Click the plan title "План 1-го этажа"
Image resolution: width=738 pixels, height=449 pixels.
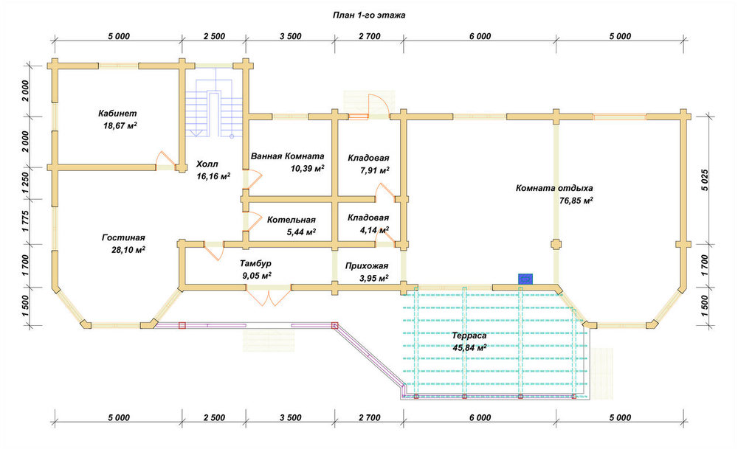[x=369, y=15]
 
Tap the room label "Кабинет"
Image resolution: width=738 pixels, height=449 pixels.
[x=117, y=114]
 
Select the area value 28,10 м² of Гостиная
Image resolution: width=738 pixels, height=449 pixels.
[x=128, y=250]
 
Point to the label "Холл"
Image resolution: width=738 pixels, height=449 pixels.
[x=207, y=164]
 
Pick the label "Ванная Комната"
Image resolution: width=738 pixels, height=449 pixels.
[x=288, y=156]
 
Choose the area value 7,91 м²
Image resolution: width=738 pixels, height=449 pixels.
[x=375, y=170]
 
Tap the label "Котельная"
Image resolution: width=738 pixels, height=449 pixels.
[x=292, y=220]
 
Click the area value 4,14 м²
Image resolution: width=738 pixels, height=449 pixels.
[x=375, y=230]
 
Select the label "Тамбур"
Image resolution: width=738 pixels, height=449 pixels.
[x=255, y=263]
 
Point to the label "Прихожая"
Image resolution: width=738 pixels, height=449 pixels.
[x=367, y=265]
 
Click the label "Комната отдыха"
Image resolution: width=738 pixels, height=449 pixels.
[x=554, y=188]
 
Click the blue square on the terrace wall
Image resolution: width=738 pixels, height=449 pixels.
[x=525, y=279]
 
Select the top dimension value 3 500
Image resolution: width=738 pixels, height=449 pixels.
[x=290, y=36]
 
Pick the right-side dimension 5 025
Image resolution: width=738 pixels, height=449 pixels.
[x=704, y=180]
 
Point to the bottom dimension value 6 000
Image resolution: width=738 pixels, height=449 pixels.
[x=480, y=417]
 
